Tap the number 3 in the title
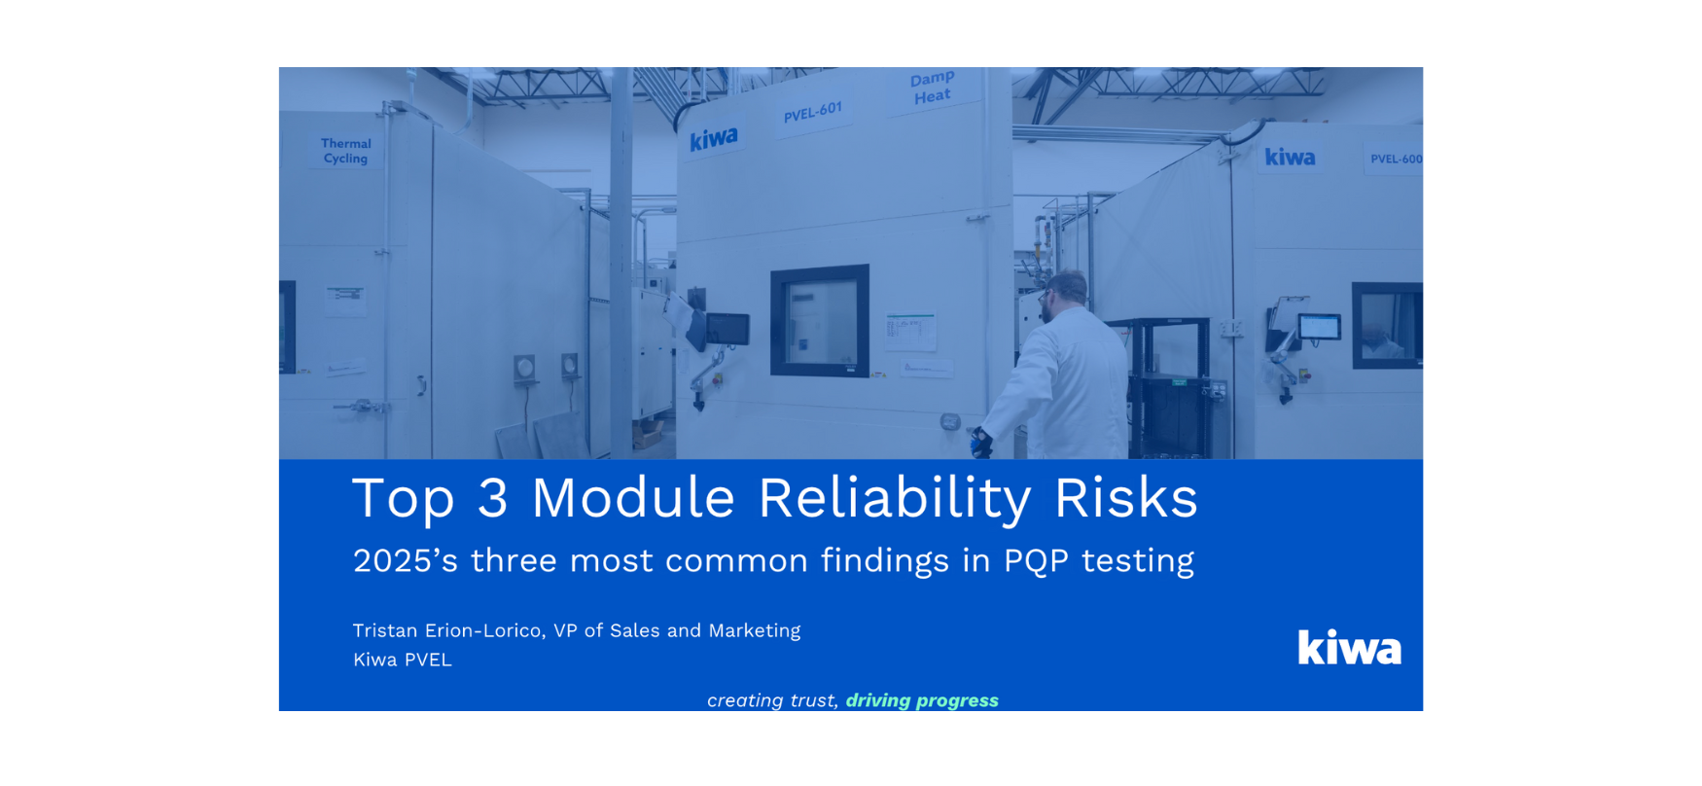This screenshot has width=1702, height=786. tap(493, 498)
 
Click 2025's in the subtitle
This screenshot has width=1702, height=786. tap(405, 560)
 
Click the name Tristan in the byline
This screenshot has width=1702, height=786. tap(384, 630)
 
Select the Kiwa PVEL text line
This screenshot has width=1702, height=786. tap(402, 660)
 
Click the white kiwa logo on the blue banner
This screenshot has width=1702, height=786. tap(1349, 647)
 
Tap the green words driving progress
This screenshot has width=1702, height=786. tap(922, 700)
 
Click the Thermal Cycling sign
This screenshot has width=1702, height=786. tap(346, 151)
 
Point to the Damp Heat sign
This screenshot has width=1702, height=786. tap(932, 88)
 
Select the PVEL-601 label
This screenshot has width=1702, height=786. tap(813, 112)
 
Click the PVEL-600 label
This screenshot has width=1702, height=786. tap(1396, 159)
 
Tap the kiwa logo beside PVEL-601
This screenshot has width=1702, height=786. tap(714, 139)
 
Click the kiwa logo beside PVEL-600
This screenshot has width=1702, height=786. tap(1290, 157)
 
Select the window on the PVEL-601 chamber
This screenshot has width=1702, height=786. tap(820, 321)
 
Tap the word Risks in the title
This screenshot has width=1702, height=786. tap(1125, 498)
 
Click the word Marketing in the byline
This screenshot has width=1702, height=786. tap(754, 631)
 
